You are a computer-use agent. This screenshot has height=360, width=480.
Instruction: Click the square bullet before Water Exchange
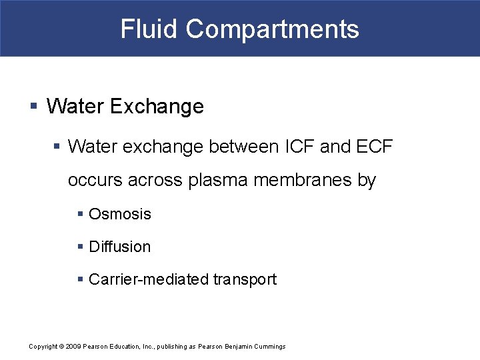click(x=34, y=105)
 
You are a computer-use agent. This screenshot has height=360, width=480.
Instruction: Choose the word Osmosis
click(x=120, y=214)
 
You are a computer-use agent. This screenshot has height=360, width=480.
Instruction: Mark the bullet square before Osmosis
click(x=80, y=213)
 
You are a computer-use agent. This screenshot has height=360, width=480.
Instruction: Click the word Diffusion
click(x=120, y=247)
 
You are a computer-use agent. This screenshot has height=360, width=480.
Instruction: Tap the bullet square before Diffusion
click(x=80, y=246)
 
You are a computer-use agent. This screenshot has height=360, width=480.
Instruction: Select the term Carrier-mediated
click(x=149, y=279)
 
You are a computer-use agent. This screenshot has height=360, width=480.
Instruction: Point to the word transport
click(x=245, y=279)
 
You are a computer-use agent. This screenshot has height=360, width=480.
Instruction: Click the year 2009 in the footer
click(x=72, y=347)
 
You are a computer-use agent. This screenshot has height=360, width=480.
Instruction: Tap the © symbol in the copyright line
click(x=61, y=347)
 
